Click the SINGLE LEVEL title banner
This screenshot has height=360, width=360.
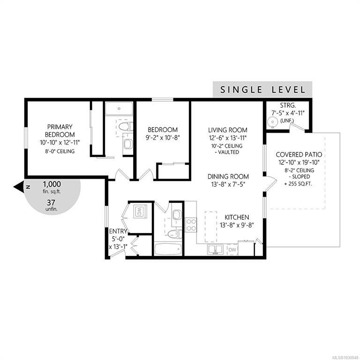[x=262, y=89]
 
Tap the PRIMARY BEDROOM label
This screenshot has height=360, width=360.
[x=60, y=130]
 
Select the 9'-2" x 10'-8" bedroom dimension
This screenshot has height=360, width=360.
[x=163, y=138]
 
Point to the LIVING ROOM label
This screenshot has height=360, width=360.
[x=228, y=130]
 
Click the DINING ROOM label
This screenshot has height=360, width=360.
[x=228, y=176]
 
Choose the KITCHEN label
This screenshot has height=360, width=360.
[x=236, y=217]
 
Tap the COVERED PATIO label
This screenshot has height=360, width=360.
[x=299, y=155]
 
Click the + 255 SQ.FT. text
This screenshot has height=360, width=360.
[x=298, y=184]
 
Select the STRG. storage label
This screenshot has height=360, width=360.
[x=288, y=105]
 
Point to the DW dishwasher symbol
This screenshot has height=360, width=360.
[x=232, y=250]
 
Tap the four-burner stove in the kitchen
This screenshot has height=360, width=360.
[x=191, y=225]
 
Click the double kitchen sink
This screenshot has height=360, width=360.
[x=215, y=249]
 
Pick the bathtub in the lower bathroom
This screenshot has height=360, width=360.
[x=168, y=249]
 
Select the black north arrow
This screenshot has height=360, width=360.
[x=19, y=187]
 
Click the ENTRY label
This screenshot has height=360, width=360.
[x=118, y=231]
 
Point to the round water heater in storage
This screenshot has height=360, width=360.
[x=272, y=121]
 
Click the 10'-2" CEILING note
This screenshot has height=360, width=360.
[x=227, y=146]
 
